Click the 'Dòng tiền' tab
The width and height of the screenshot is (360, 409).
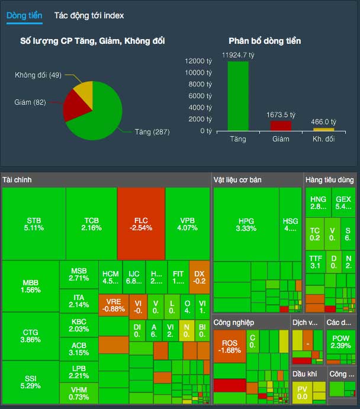24,16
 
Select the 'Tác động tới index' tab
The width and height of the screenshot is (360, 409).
89,16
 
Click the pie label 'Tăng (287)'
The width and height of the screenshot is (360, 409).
152,132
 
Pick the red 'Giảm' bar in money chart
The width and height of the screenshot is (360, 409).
281,125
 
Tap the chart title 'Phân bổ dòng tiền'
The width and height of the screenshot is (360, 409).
265,41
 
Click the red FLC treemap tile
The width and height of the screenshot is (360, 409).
141,223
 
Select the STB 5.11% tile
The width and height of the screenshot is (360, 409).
34,223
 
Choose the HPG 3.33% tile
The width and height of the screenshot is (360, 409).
245,224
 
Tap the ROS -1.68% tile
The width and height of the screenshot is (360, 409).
229,346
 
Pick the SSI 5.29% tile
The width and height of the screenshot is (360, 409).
30,382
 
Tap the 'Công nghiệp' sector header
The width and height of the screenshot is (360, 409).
234,323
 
